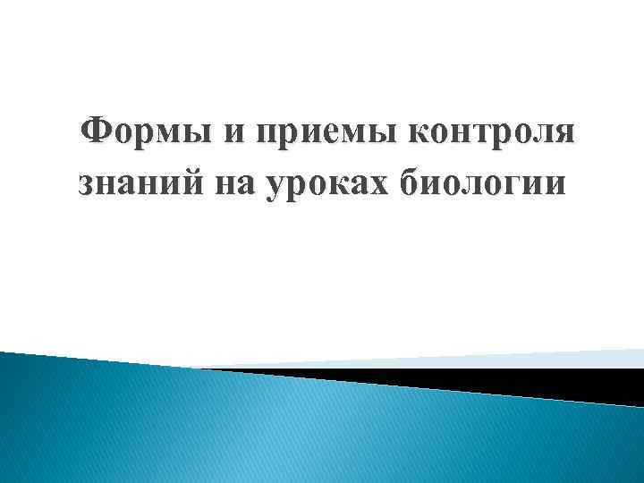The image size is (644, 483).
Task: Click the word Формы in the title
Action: coord(146,133)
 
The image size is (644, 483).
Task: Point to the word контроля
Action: coord(490,135)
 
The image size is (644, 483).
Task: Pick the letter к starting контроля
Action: coord(418,136)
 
